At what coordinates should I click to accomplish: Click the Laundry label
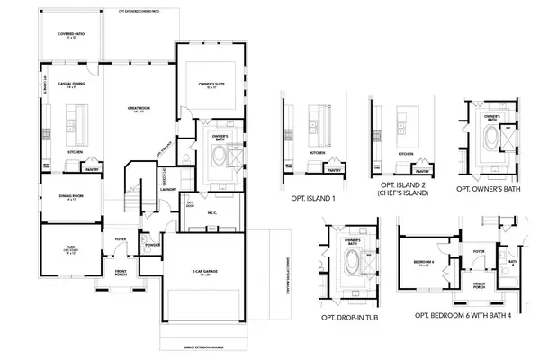click(x=167, y=190)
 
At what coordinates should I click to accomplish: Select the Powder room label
click(x=151, y=243)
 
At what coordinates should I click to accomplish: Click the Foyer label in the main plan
click(x=121, y=238)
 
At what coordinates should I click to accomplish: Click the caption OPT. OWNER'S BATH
click(x=490, y=190)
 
